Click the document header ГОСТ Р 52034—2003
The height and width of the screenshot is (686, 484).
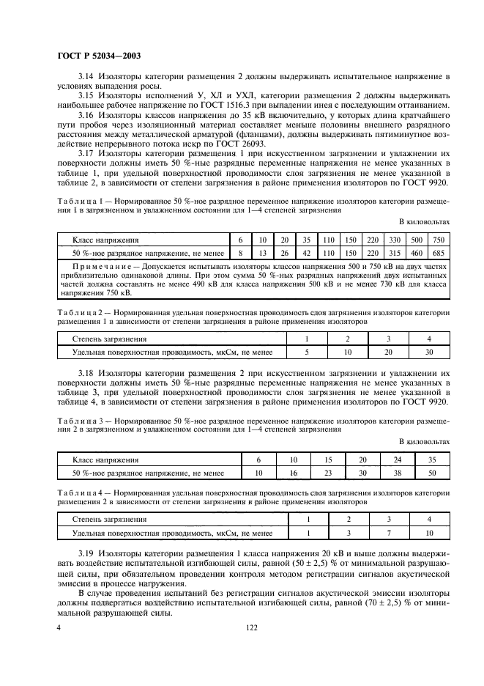98,55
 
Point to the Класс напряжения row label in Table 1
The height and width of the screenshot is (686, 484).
105,240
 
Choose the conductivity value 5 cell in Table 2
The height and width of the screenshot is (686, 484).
308,352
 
